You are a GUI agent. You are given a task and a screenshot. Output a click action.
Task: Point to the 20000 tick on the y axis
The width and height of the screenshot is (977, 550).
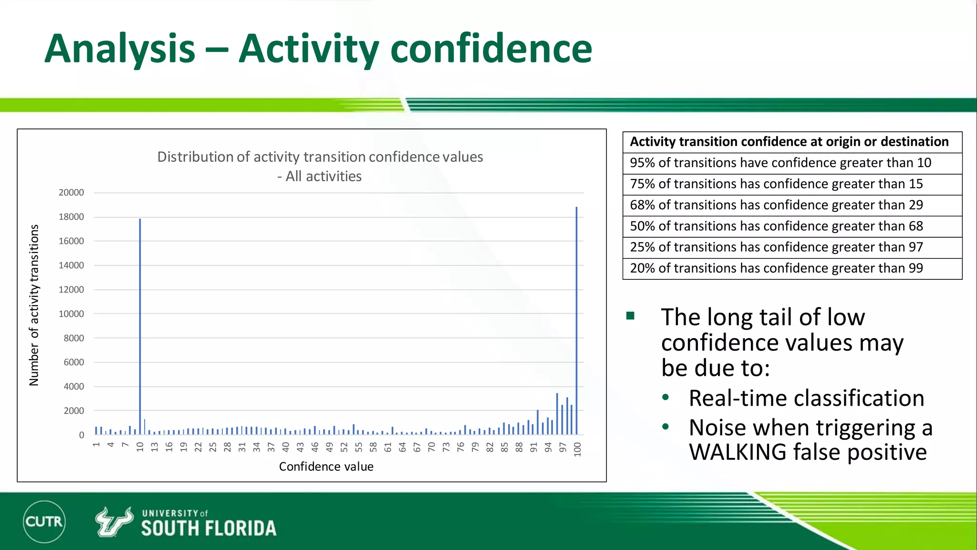pos(71,192)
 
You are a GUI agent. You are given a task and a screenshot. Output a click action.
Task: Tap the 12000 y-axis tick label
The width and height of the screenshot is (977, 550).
pos(71,290)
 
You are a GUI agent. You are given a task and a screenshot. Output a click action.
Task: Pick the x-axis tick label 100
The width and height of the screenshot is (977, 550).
pos(577,449)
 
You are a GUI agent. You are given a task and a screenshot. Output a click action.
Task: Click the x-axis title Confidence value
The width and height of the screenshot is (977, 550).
pos(326,466)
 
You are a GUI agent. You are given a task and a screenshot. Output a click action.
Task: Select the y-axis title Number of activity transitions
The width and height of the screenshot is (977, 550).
pos(34,306)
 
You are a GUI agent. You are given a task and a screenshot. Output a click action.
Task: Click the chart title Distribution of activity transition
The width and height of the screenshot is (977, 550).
pos(320,157)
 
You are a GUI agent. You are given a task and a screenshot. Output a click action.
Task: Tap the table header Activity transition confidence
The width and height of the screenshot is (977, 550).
pos(789,142)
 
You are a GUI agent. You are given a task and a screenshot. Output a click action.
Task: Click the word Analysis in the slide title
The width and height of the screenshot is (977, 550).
pos(120,49)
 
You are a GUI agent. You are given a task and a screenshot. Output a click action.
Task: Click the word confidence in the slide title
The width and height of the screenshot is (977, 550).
pos(491,49)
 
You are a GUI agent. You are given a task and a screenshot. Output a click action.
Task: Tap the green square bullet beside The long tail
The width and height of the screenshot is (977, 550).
pos(630,316)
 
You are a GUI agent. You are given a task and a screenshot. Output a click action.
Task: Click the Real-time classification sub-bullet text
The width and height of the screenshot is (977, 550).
pos(806,398)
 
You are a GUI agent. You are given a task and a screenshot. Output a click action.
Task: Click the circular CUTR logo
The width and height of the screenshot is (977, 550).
pos(44,521)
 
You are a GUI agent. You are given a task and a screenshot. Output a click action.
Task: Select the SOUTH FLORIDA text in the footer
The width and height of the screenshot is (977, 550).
pos(208,529)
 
